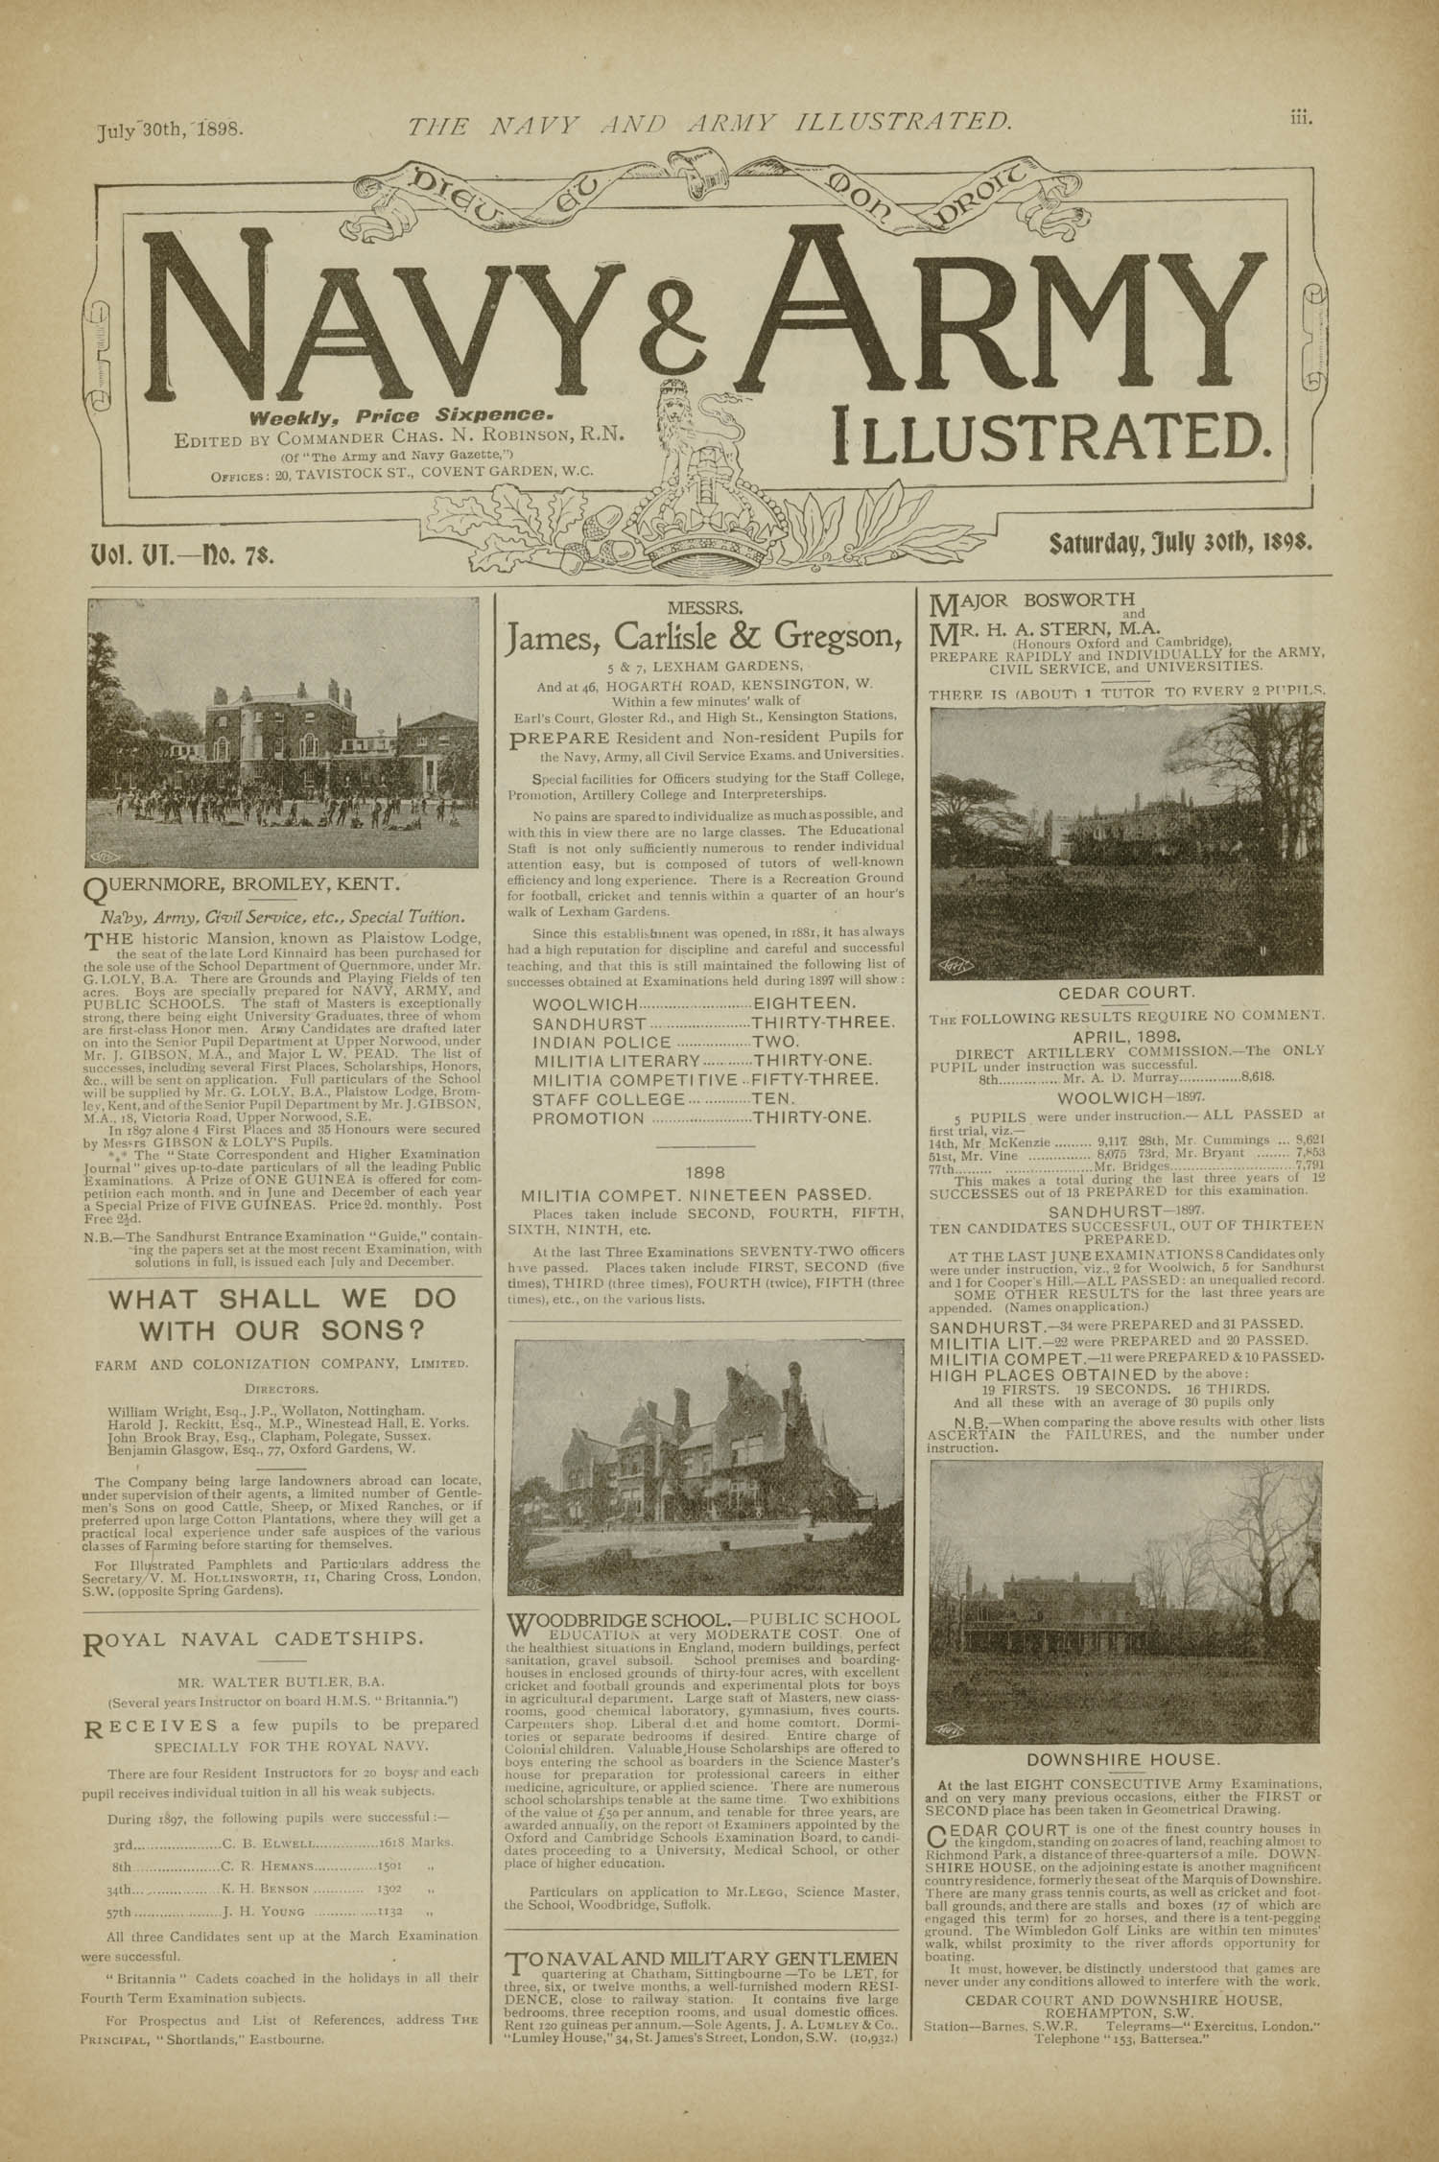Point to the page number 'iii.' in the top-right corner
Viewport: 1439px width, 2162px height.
1301,119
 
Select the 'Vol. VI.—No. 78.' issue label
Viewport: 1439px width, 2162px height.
181,553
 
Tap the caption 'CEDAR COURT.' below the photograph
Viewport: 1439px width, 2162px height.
1125,993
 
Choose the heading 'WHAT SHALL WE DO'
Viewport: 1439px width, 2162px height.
281,1301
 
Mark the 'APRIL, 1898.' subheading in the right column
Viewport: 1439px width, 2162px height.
1125,1037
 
